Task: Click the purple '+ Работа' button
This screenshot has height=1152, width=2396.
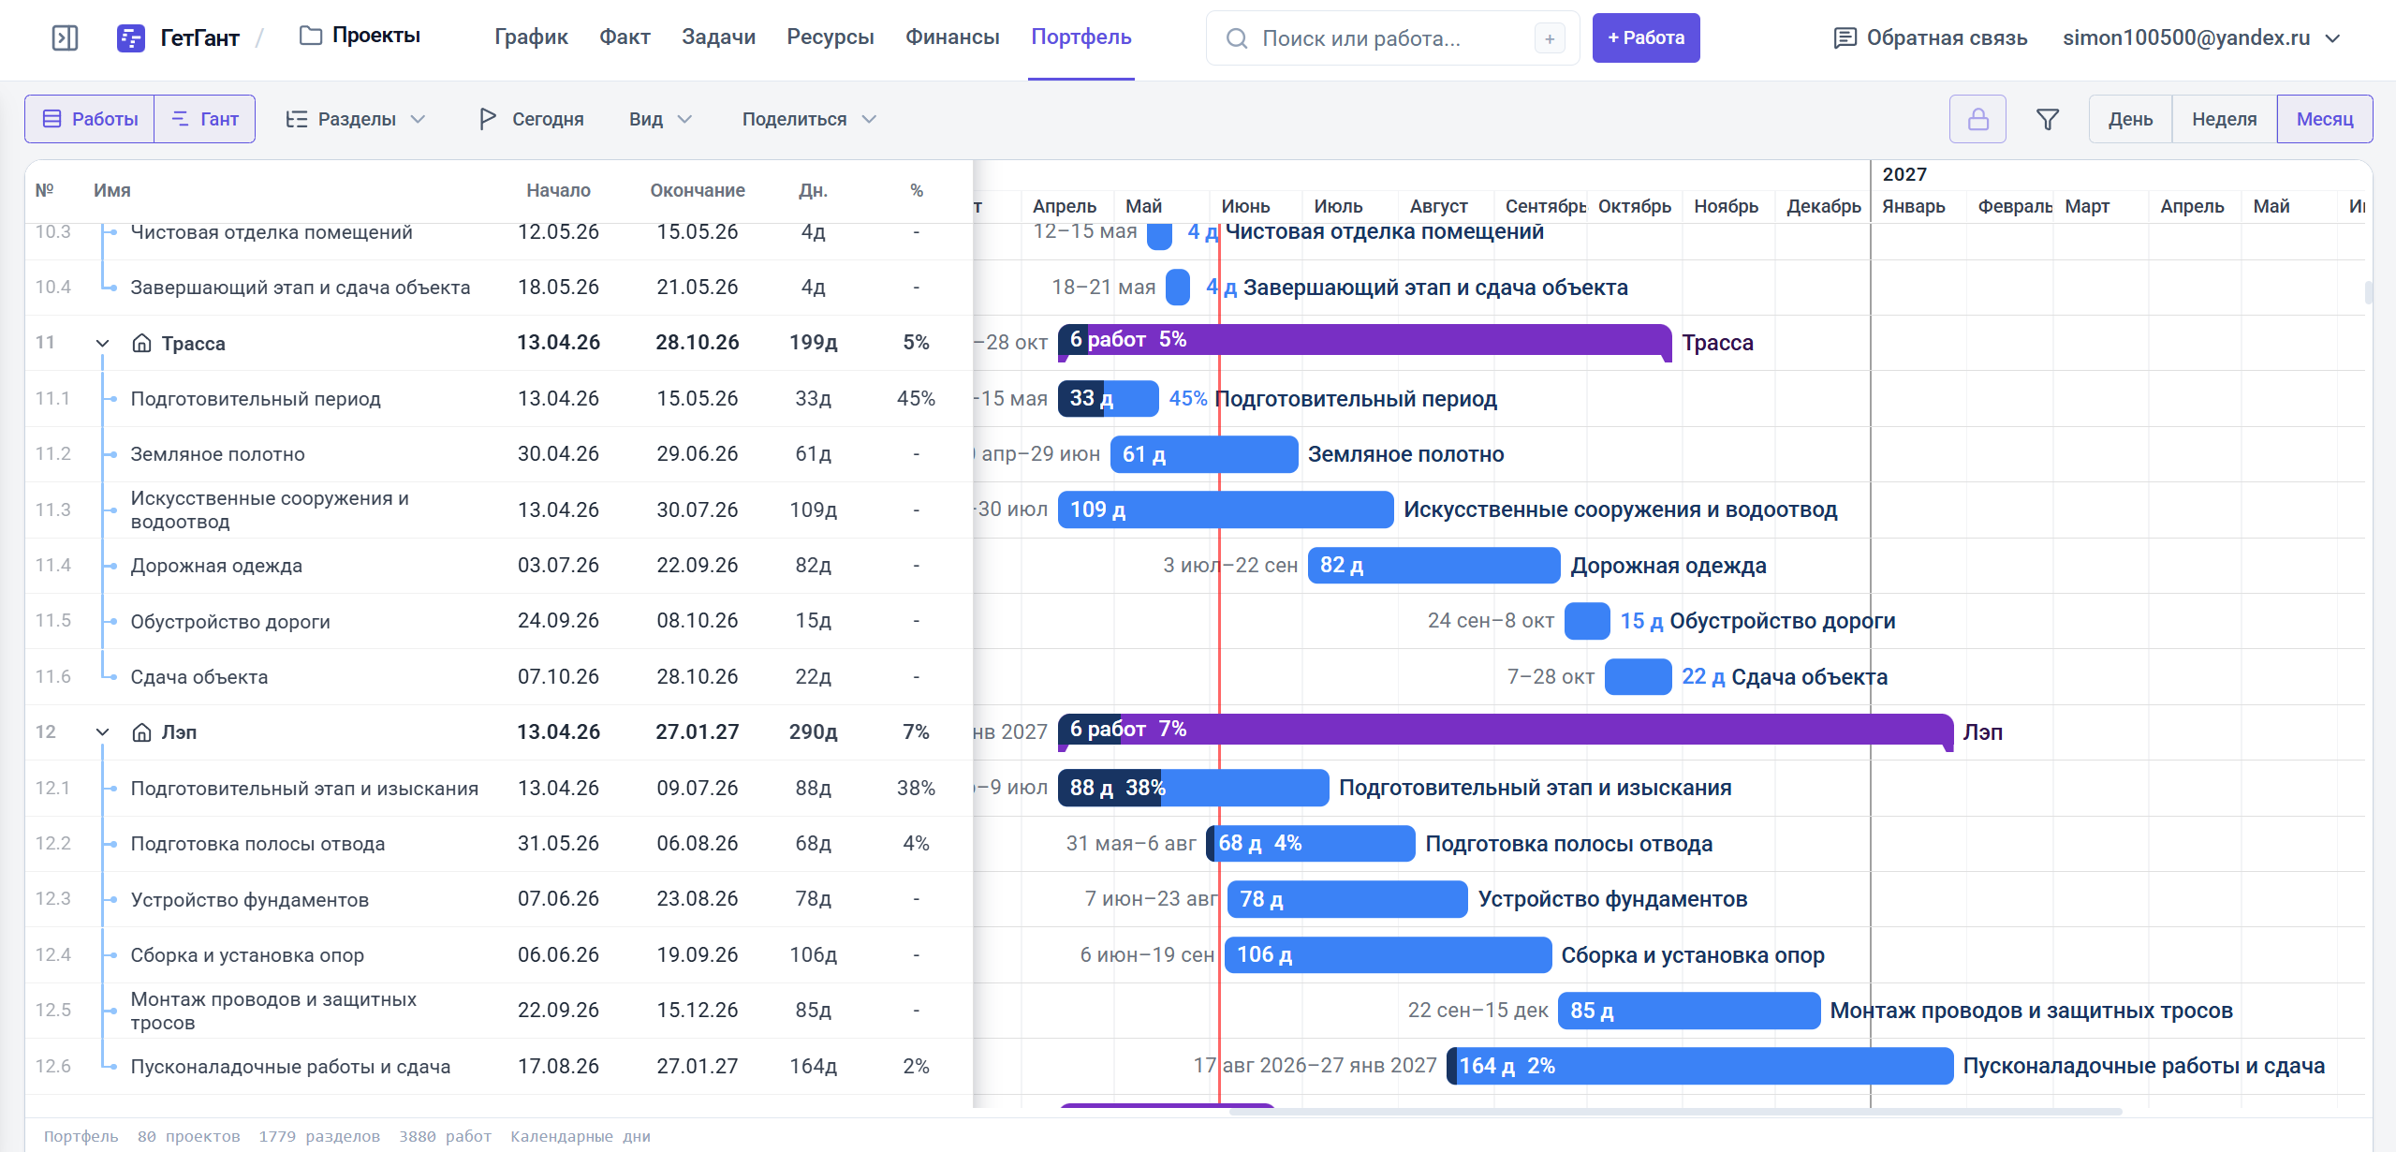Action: pyautogui.click(x=1645, y=38)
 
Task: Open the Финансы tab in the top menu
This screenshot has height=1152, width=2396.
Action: pyautogui.click(x=952, y=37)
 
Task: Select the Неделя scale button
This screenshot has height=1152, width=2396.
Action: pyautogui.click(x=2224, y=119)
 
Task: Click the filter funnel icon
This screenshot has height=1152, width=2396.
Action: pyautogui.click(x=2048, y=119)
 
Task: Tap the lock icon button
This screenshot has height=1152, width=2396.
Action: pyautogui.click(x=1977, y=119)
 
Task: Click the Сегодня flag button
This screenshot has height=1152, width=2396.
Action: pyautogui.click(x=531, y=119)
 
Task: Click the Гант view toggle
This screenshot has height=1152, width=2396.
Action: pyautogui.click(x=205, y=119)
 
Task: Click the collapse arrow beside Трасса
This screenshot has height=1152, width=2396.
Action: pyautogui.click(x=103, y=344)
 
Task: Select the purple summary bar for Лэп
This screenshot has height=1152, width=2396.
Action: pyautogui.click(x=1506, y=730)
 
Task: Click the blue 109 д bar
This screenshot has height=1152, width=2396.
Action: pyautogui.click(x=1226, y=510)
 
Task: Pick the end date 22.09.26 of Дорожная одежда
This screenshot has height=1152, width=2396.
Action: pyautogui.click(x=698, y=566)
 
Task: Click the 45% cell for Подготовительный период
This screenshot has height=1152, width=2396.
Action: pyautogui.click(x=916, y=399)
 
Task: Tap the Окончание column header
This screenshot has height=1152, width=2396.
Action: pyautogui.click(x=698, y=191)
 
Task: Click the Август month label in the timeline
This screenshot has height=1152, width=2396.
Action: pyautogui.click(x=1438, y=206)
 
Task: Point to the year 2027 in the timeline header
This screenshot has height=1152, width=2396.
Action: pyautogui.click(x=1904, y=174)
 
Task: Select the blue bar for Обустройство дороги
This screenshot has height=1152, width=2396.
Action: pyautogui.click(x=1587, y=621)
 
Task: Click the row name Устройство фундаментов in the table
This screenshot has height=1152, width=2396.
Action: pyautogui.click(x=250, y=900)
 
